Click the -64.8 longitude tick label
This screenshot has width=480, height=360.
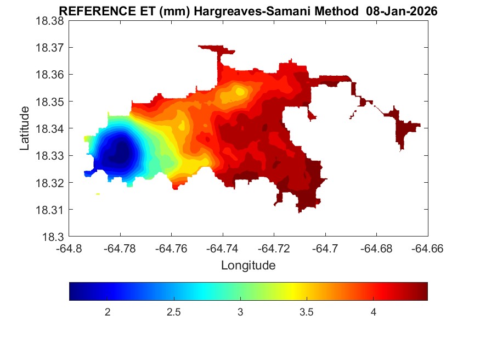69,249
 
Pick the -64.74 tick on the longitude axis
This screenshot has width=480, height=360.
222,249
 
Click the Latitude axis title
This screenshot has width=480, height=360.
25,128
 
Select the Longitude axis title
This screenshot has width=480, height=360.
248,266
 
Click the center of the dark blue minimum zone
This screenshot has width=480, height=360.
118,153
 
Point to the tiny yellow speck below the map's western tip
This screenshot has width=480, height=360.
98,194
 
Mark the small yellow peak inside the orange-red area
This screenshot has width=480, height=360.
240,91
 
